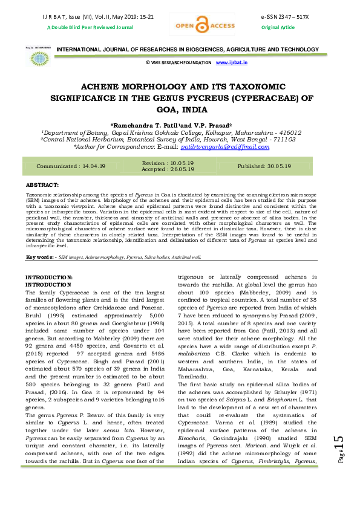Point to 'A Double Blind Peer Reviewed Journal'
[82, 28]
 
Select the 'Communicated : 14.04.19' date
[71, 166]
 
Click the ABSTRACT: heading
[42, 184]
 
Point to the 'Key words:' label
[38, 257]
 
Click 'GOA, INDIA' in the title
[180, 110]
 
